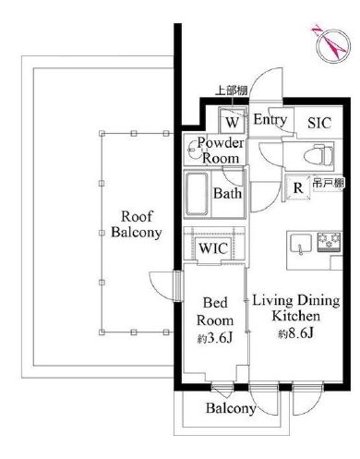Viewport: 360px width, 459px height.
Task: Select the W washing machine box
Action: (x=233, y=121)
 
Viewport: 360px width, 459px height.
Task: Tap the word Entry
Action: (x=270, y=120)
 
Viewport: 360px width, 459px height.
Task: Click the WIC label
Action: (x=214, y=249)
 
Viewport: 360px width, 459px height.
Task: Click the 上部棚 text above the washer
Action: (x=232, y=91)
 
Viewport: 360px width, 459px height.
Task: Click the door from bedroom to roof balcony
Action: (x=169, y=284)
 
